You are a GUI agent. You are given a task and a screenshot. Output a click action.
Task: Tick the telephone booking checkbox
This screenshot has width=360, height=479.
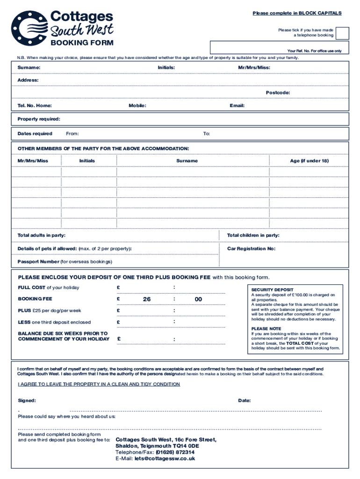[342, 33]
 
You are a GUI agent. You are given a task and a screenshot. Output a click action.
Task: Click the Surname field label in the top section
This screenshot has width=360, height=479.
[29, 68]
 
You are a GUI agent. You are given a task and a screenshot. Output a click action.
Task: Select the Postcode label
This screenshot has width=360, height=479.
[278, 93]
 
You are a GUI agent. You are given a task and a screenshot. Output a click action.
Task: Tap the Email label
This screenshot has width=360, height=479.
[237, 106]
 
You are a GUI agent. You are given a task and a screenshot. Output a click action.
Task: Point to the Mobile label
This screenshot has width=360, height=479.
[137, 106]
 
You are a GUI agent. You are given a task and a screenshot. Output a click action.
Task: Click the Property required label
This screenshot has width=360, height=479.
[39, 119]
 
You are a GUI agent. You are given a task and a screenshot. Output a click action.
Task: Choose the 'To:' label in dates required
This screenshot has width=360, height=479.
[206, 134]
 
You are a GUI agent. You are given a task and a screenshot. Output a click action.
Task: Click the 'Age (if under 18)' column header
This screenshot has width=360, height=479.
[309, 161]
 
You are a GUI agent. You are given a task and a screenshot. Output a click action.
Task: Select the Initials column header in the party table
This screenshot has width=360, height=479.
[87, 161]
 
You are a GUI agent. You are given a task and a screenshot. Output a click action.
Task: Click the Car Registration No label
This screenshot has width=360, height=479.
[251, 248]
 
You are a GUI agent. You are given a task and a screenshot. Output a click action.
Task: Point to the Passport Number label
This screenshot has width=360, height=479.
[38, 261]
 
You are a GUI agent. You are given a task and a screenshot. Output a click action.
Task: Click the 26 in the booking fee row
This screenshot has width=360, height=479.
[147, 299]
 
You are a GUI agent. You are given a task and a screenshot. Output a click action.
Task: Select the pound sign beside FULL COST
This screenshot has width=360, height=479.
[119, 287]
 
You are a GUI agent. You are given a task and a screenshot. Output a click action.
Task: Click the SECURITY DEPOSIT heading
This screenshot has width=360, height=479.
[272, 290]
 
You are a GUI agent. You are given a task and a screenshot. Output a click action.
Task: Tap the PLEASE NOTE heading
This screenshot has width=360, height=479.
[266, 329]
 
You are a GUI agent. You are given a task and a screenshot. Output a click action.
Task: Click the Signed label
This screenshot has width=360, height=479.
[27, 400]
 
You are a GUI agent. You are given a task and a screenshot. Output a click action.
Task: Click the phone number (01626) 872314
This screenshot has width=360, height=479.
[175, 452]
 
